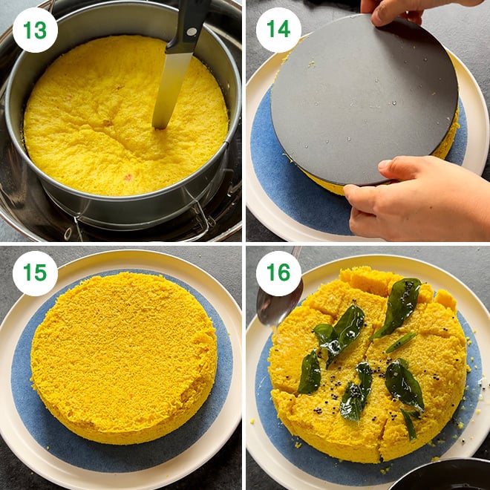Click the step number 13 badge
pyautogui.click(x=35, y=30)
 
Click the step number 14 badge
pyautogui.click(x=278, y=30)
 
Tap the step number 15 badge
pyautogui.click(x=35, y=273)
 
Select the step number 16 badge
pyautogui.click(x=278, y=273)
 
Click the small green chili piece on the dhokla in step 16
pyautogui.click(x=400, y=342)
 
